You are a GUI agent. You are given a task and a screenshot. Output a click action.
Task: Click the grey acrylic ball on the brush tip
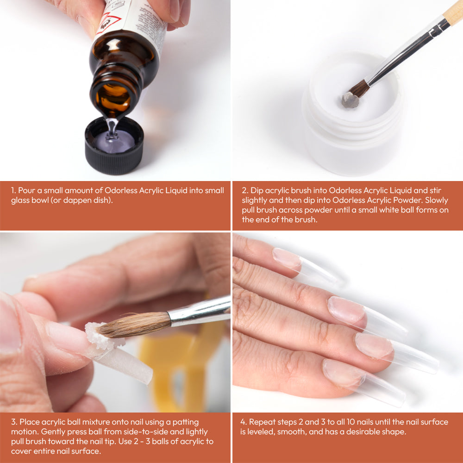click(x=350, y=100)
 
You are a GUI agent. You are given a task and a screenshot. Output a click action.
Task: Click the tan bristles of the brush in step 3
click(x=135, y=325)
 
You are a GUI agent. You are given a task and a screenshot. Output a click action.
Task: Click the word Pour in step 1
click(x=26, y=190)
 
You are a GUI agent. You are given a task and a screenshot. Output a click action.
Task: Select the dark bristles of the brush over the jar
click(x=359, y=88)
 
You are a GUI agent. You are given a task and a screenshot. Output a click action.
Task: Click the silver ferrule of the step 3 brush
click(x=199, y=311)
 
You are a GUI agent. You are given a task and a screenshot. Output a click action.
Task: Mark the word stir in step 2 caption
click(x=436, y=190)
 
